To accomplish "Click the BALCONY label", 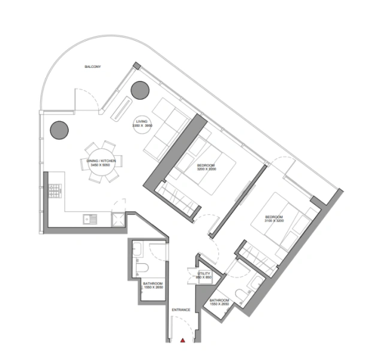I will (92, 67).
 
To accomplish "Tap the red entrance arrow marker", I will (183, 340).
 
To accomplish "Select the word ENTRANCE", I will (181, 310).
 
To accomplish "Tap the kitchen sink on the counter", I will (91, 219).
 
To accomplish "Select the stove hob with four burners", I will (53, 190).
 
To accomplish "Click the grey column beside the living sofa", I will (141, 89).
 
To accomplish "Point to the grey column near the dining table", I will (59, 129).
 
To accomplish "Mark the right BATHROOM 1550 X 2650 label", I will (219, 302).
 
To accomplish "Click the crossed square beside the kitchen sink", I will (119, 219).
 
